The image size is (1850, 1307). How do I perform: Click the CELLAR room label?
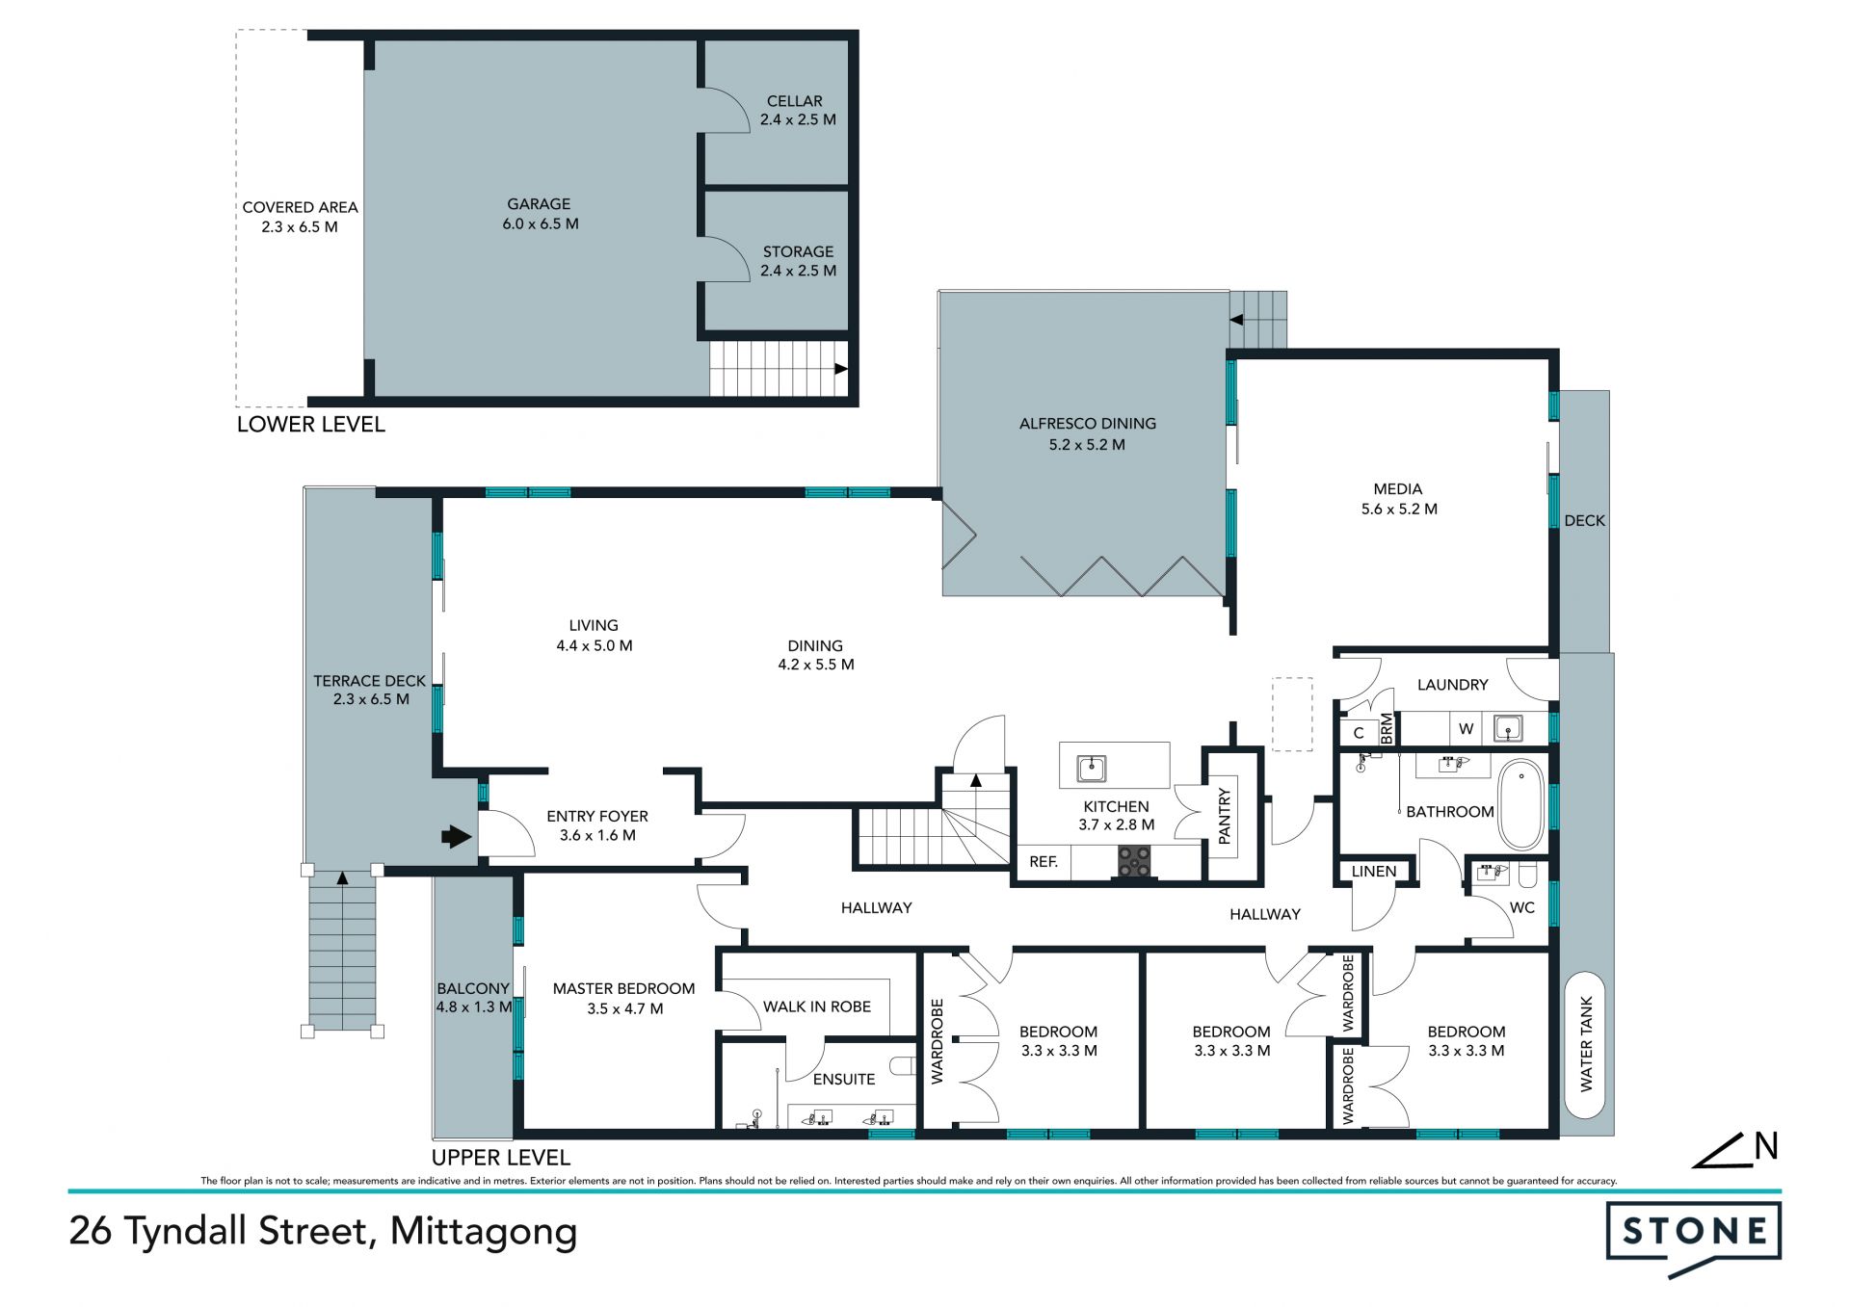point(795,101)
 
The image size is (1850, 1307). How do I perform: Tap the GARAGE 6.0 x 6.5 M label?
point(540,214)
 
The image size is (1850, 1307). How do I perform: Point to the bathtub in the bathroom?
point(1521,804)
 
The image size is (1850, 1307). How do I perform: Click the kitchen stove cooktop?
point(1134,861)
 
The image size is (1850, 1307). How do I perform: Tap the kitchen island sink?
point(1092,769)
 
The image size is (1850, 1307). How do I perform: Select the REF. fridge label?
point(1044,862)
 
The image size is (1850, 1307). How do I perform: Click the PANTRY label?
point(1225,816)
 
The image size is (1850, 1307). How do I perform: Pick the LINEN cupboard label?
point(1374,872)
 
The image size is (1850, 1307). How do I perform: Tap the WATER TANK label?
point(1586,1044)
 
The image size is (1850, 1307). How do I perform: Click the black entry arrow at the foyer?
point(457,836)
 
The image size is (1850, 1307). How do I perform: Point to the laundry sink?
point(1508,728)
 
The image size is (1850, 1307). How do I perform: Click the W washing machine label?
point(1467,729)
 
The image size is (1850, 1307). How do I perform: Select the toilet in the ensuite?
point(903,1065)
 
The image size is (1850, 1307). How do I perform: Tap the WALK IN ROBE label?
point(817,1006)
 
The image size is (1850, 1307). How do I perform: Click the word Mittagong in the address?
point(484,1233)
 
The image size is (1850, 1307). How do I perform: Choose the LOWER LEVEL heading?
point(311,425)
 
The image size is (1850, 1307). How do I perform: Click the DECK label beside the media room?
point(1585,521)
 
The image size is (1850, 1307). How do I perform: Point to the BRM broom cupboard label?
point(1387,728)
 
